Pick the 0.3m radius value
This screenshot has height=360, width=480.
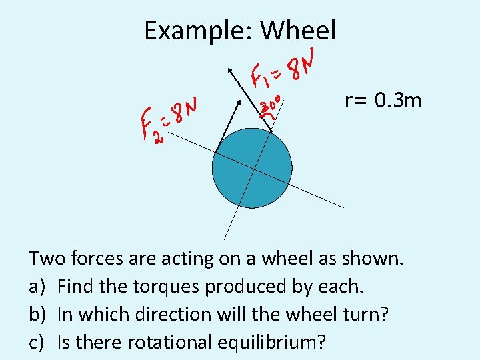[x=398, y=101]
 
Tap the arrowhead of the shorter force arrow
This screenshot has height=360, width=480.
[x=239, y=101]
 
